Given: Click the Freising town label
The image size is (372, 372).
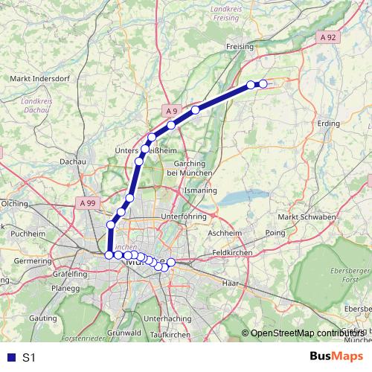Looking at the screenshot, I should (240, 46).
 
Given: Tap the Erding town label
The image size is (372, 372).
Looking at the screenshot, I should (327, 123).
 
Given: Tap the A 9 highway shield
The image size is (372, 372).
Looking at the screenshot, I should (172, 112).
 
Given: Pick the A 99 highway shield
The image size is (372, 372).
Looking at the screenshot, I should (87, 202).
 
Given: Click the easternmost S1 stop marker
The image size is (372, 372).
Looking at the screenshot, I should (263, 84).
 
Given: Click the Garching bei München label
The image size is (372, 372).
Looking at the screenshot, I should (193, 167).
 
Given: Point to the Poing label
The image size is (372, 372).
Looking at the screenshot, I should (275, 232).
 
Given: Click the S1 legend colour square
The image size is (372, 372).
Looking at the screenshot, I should (8, 357).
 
